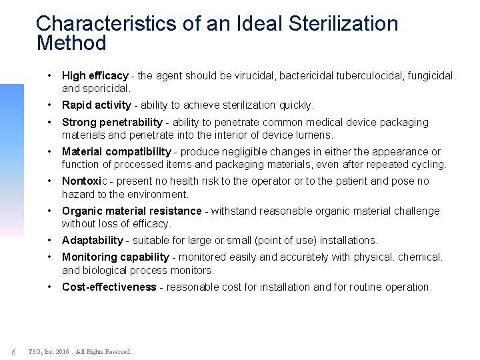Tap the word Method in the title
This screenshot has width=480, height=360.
click(x=71, y=44)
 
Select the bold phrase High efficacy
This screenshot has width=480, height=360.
click(x=93, y=76)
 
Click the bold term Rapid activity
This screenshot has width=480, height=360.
click(x=96, y=105)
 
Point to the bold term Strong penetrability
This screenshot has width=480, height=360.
click(x=112, y=122)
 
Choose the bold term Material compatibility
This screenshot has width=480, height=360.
click(x=117, y=152)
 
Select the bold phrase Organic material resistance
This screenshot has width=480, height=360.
click(x=131, y=211)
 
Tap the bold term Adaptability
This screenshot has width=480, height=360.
click(x=93, y=240)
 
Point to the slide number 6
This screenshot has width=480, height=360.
click(x=13, y=351)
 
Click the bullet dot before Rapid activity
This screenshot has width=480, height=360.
click(x=51, y=105)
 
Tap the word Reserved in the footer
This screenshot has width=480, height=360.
click(x=119, y=351)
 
